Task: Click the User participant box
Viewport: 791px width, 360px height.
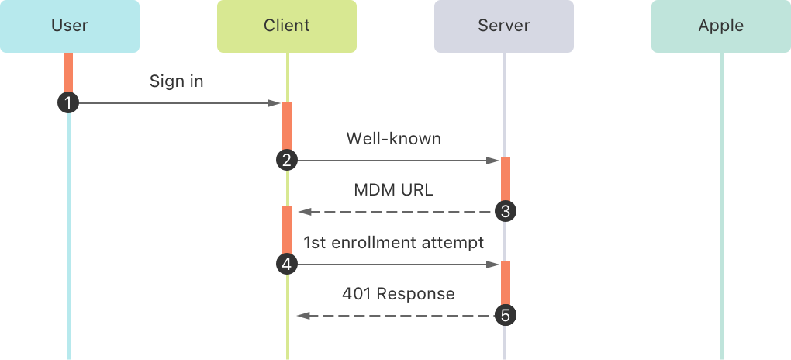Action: point(70,26)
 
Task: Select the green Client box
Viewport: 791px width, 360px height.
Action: point(287,26)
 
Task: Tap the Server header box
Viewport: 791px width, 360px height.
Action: point(504,26)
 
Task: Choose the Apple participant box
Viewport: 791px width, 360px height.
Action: point(721,26)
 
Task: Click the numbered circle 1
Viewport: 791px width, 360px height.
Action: point(69,102)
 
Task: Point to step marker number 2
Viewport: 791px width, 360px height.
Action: point(286,161)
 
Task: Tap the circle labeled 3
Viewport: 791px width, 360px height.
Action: point(505,211)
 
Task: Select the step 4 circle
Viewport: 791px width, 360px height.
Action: point(286,265)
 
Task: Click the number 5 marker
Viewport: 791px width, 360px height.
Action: point(505,316)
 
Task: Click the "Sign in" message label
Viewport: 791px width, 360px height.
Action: point(177,81)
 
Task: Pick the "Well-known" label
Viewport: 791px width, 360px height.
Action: point(393,139)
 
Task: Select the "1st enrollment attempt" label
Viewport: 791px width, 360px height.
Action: point(393,243)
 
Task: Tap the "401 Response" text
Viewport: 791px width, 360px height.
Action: point(399,294)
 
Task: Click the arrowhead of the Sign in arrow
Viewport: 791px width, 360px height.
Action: point(275,103)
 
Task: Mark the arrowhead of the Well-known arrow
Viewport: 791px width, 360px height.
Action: point(493,161)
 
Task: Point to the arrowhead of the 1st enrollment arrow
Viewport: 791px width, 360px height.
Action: point(493,265)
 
